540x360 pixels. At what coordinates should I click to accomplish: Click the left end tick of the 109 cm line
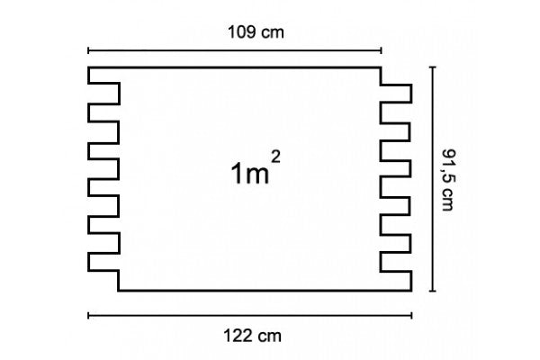point(88,49)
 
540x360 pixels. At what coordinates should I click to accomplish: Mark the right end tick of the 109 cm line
point(381,49)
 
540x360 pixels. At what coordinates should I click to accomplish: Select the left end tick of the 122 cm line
point(88,315)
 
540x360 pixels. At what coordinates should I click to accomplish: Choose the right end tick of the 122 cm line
point(412,315)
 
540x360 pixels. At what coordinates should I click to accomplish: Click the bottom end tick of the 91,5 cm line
point(434,292)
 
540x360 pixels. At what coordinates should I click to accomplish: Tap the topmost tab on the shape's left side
point(103,93)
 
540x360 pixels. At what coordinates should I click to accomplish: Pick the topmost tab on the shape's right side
point(397,94)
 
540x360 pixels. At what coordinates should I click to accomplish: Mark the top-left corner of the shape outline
point(88,67)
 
